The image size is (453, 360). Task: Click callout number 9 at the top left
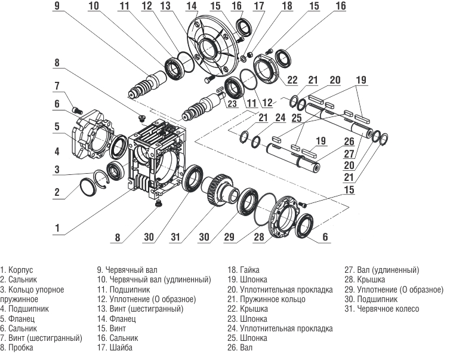(57, 5)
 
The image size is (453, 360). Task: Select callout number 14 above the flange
(190, 6)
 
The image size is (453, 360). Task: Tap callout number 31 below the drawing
(175, 237)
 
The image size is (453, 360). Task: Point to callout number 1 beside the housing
(57, 227)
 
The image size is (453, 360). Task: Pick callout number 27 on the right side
(349, 154)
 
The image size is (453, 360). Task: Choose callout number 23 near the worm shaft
(232, 102)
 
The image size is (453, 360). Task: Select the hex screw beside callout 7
(76, 109)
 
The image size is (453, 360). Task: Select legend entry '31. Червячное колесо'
(382, 309)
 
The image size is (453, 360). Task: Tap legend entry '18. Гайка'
(244, 270)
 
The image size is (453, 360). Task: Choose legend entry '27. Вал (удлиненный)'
(382, 270)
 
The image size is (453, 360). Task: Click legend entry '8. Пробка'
(17, 347)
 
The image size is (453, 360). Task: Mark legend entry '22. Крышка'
(248, 309)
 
